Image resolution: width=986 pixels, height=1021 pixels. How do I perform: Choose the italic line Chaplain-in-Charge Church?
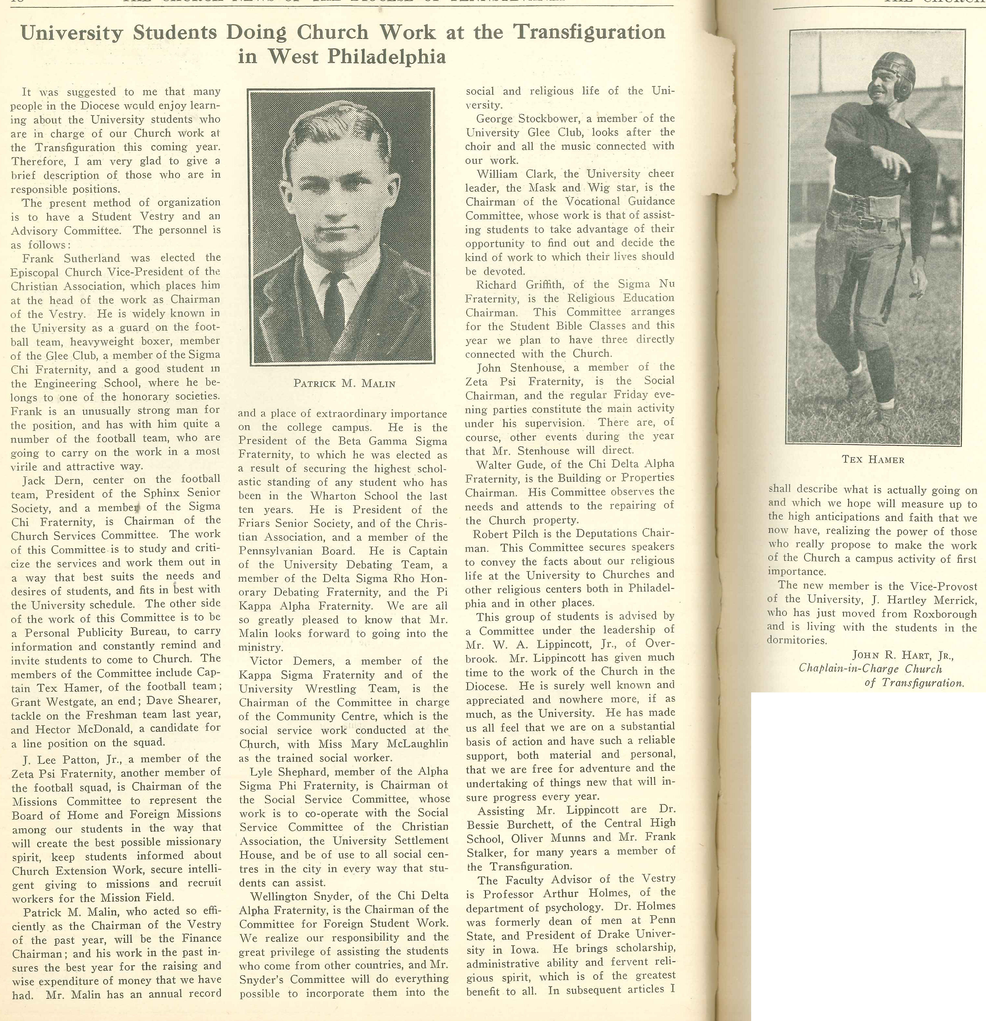(x=870, y=669)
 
